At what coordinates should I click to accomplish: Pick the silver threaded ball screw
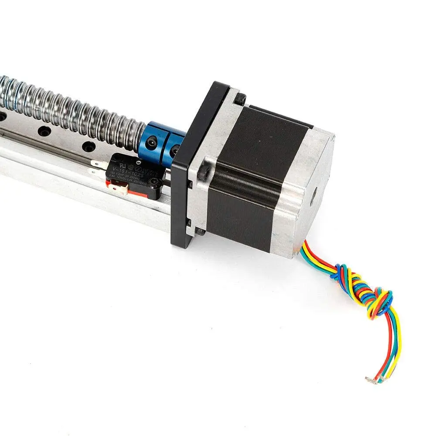(74, 109)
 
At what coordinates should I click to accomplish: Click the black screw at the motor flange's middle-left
(203, 171)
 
